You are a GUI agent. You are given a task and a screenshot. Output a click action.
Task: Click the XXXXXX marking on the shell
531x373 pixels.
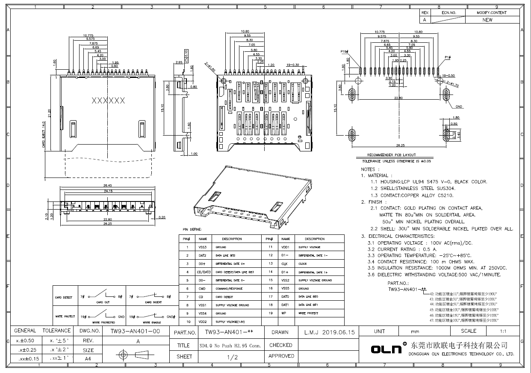109,101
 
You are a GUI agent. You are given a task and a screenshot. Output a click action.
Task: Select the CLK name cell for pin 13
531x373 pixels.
285,264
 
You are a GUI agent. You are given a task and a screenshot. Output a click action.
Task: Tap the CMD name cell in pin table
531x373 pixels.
202,289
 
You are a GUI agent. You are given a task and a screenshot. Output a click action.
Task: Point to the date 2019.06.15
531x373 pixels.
335,332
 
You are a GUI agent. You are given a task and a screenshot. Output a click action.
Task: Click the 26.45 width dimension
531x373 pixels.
101,185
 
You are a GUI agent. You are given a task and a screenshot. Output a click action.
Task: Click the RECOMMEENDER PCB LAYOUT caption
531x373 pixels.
391,155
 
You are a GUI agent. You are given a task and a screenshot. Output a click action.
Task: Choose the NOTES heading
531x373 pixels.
368,169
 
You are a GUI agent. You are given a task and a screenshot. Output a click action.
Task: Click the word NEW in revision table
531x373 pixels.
487,20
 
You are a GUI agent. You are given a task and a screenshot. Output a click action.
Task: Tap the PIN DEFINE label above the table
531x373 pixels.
192,229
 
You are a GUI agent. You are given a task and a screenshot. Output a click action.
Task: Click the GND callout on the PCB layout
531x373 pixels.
458,106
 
